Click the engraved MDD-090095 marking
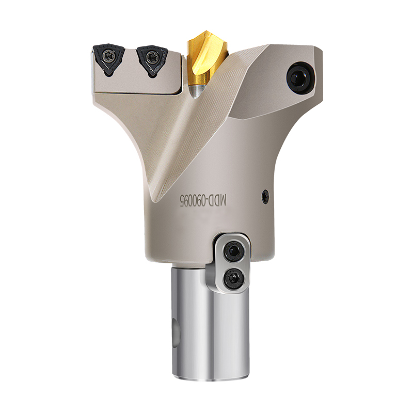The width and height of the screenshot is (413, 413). tap(202, 201)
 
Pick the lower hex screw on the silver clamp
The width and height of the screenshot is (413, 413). tap(233, 279)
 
